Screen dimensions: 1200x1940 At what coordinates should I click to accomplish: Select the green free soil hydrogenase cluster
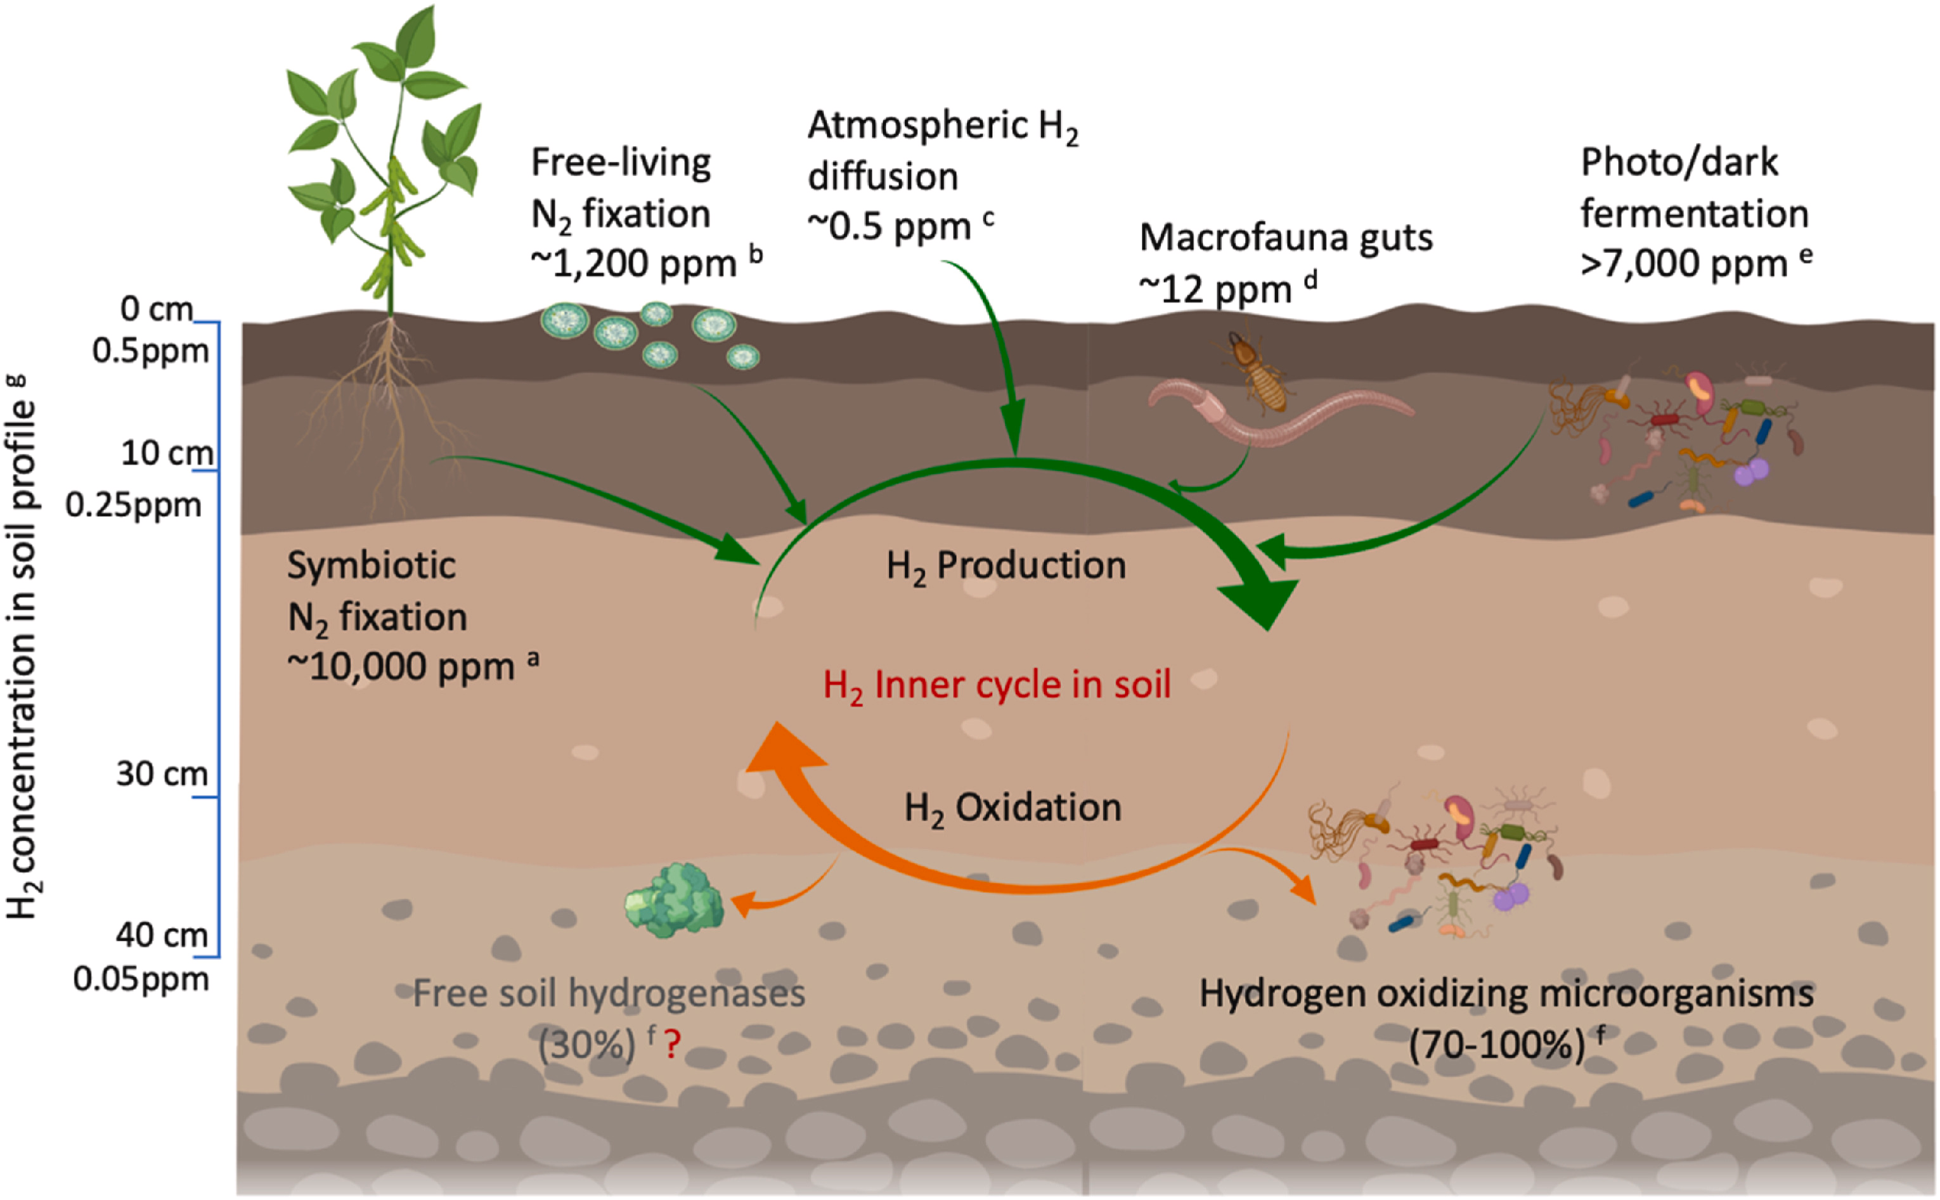tap(674, 901)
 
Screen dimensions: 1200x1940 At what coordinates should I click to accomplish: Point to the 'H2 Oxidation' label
tap(1013, 809)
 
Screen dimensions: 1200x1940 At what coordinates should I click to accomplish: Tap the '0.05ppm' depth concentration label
tap(141, 979)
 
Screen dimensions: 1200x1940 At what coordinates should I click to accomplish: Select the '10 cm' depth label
tap(167, 453)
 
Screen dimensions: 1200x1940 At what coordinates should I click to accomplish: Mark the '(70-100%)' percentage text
tap(1496, 1045)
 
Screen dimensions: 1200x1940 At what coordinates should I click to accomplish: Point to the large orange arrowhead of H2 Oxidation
tap(782, 754)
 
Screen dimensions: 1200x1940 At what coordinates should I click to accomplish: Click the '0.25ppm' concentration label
tap(133, 505)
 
